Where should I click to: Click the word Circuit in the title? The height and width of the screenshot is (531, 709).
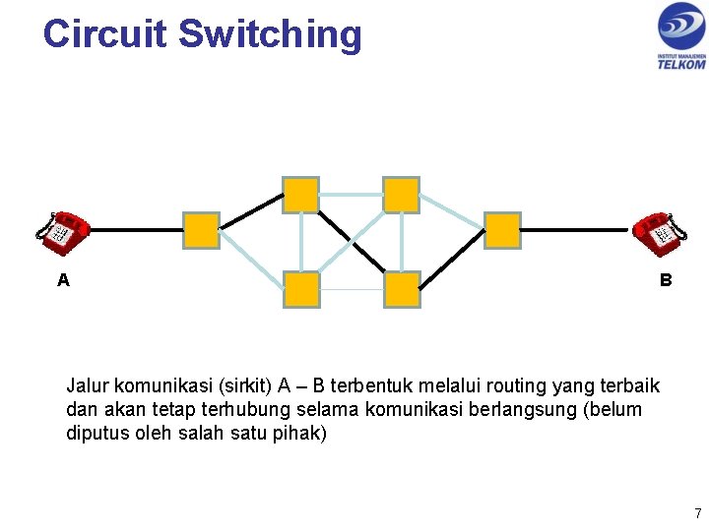click(104, 33)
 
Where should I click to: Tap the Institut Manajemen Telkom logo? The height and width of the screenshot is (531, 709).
click(681, 35)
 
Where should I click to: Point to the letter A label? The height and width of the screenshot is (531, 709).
click(63, 280)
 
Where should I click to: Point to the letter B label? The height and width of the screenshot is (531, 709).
click(666, 280)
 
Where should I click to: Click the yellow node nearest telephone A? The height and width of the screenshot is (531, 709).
click(201, 230)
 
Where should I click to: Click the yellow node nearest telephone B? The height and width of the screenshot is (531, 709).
click(502, 230)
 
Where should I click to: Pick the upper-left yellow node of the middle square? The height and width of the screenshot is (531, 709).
click(300, 195)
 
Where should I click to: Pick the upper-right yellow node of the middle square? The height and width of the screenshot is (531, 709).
click(401, 195)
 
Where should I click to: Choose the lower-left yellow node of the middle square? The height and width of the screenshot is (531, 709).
click(300, 290)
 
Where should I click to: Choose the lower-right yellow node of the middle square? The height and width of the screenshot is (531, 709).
click(402, 290)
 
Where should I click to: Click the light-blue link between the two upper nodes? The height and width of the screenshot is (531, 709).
click(351, 195)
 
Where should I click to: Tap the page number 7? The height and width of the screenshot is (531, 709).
click(697, 513)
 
